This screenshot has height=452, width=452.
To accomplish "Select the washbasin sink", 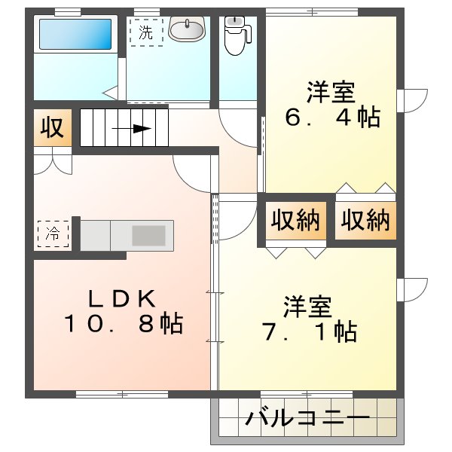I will [x=186, y=30].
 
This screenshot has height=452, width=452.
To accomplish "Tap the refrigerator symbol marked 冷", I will [x=53, y=233].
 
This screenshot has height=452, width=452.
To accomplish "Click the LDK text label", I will [x=124, y=298].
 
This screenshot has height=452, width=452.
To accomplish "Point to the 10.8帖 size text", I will [x=123, y=325].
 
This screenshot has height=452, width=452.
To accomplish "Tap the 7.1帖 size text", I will [x=310, y=331].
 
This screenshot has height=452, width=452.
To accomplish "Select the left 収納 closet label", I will [x=295, y=220].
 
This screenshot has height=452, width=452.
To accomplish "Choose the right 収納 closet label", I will [x=365, y=220].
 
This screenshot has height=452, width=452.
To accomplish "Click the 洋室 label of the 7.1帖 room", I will [x=308, y=307].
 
